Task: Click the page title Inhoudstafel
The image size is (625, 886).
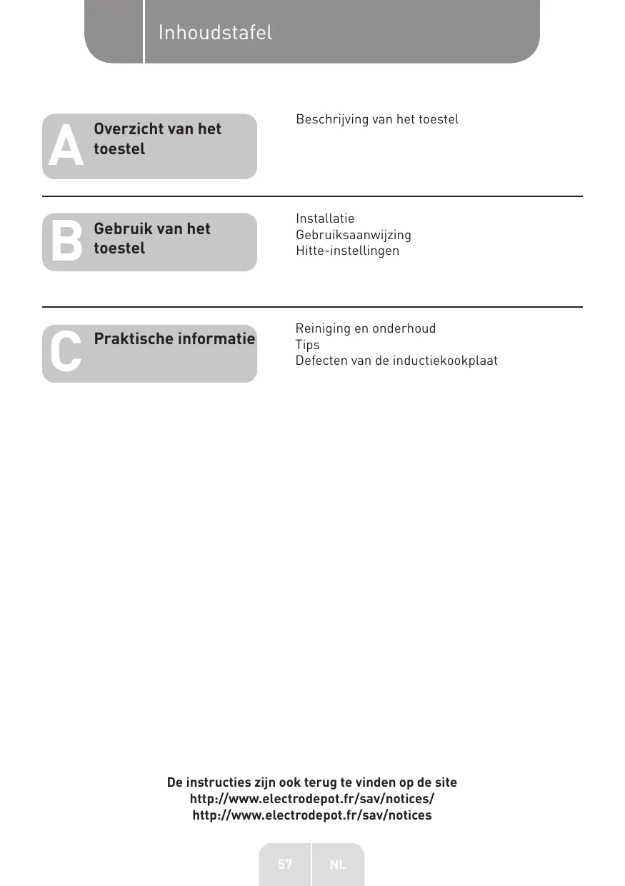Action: point(215,33)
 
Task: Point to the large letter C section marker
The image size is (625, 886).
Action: point(66,353)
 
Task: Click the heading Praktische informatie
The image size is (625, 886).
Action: point(174,338)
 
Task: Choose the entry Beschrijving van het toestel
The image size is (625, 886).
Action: point(377,119)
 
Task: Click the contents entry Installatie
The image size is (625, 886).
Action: point(325,218)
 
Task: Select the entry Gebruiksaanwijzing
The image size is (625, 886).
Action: point(354,235)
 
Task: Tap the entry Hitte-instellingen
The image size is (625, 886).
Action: point(348,251)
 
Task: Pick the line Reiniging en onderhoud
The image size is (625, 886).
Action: point(366,328)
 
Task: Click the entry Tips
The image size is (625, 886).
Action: point(308,345)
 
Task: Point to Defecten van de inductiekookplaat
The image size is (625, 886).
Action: point(396,361)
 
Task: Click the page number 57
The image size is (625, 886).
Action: point(285,865)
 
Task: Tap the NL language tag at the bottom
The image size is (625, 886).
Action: point(338,865)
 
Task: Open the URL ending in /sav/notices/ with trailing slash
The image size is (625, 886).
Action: point(312,799)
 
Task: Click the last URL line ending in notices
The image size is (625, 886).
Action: point(312,815)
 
